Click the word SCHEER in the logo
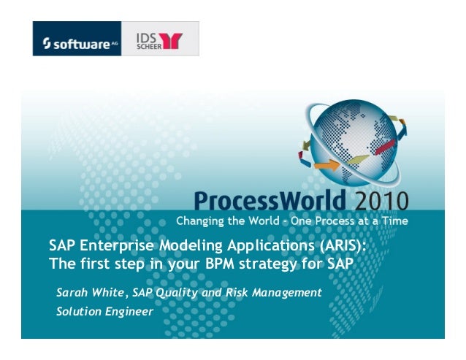[x=146, y=45]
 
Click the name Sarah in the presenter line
[x=71, y=293]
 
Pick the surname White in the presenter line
[x=109, y=293]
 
